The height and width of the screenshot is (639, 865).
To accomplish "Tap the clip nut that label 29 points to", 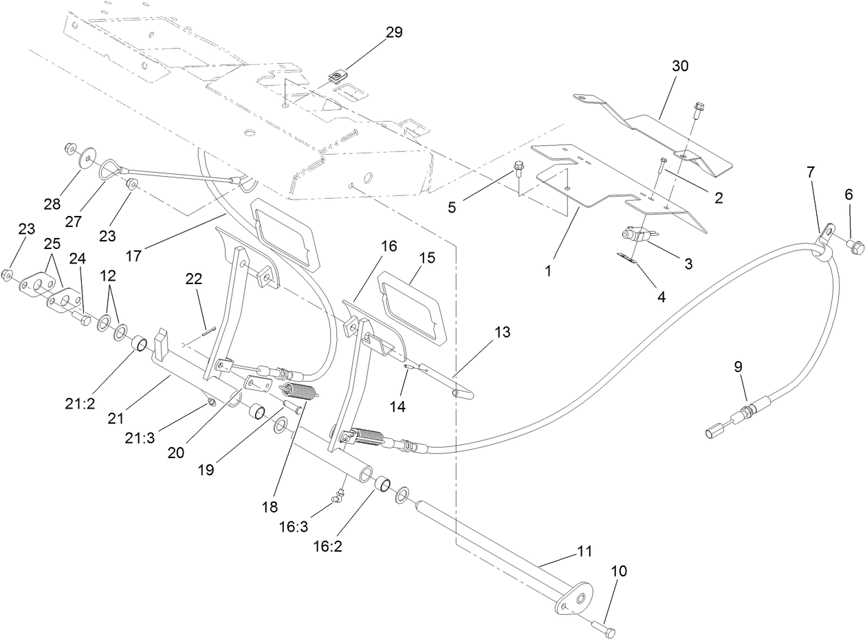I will [338, 76].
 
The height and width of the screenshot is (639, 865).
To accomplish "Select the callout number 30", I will [681, 66].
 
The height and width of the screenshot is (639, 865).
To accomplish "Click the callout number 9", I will [738, 367].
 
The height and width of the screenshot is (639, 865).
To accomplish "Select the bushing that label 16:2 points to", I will [382, 485].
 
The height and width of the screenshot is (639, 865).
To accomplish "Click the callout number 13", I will [502, 332].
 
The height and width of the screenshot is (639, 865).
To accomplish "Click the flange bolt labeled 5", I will [518, 167].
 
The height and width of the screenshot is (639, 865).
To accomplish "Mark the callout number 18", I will [270, 507].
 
